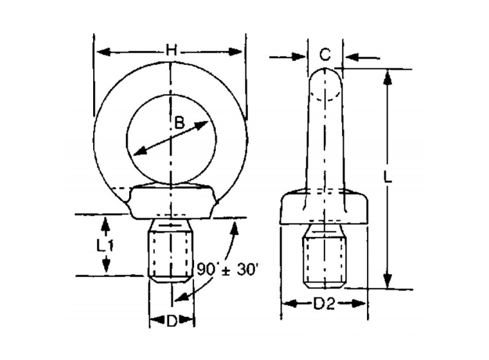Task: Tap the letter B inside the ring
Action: coord(179,122)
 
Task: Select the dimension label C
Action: coord(324,55)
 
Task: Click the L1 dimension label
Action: coord(106,245)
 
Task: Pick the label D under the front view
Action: coord(171,322)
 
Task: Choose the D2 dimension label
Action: coord(324,304)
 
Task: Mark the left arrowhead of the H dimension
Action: coord(101,51)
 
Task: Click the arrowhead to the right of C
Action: coord(350,57)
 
